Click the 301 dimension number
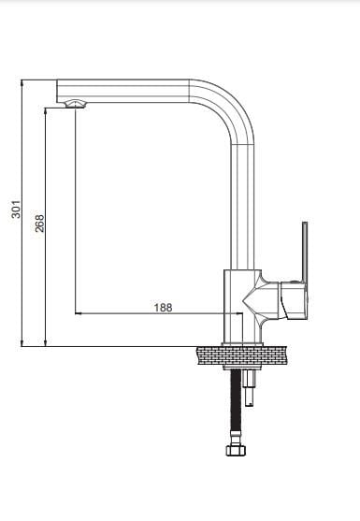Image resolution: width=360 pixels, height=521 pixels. coord(16,209)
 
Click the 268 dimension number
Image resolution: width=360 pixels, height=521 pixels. coord(39,224)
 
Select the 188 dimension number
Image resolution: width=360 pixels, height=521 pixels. coord(163,308)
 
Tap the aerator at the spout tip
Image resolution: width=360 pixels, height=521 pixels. coord(76,104)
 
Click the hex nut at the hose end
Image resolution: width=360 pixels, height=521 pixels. coord(236,450)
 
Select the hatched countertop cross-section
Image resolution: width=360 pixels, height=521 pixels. coord(242,355)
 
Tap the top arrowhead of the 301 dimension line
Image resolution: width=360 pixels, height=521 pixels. coord(22,82)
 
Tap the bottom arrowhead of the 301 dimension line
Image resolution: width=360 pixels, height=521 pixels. coord(22,343)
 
